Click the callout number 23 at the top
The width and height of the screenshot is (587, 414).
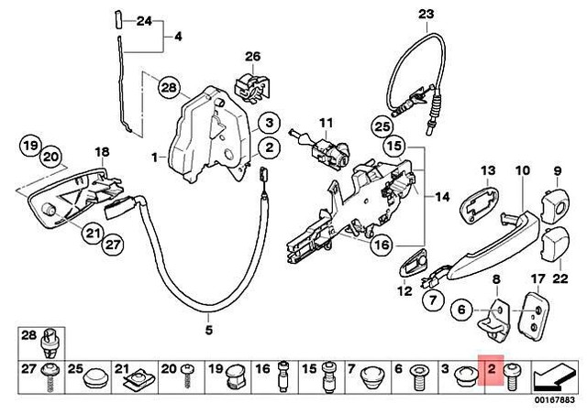click(x=423, y=14)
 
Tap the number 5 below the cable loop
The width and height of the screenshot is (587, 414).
click(x=208, y=329)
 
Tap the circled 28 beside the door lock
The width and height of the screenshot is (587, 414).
click(x=167, y=89)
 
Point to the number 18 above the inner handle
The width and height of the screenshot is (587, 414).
click(x=102, y=151)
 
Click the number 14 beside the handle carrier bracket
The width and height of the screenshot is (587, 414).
click(x=443, y=196)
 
